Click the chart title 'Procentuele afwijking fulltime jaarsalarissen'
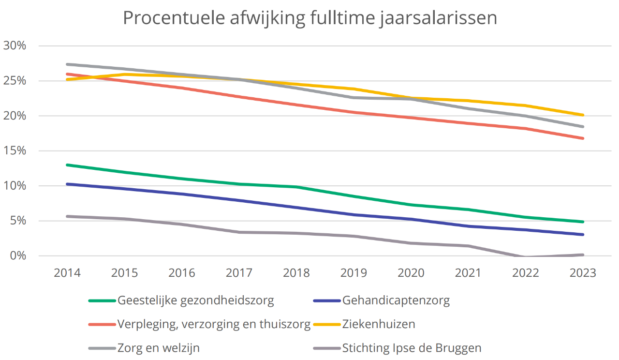point(309,18)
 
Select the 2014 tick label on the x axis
point(67,273)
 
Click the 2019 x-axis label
point(354,273)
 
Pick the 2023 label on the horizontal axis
point(583,273)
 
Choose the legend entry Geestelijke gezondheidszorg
point(195,300)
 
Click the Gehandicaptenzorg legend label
point(396,300)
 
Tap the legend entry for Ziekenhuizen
point(378,324)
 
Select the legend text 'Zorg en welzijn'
point(159,348)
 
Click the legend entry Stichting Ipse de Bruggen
point(412,348)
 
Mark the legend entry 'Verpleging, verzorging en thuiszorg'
point(214,324)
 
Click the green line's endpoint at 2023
point(583,222)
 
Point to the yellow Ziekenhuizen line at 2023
point(583,115)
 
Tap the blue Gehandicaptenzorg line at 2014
point(67,184)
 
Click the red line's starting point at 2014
point(67,74)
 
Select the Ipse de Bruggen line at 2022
point(526,256)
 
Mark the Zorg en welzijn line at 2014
point(67,64)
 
